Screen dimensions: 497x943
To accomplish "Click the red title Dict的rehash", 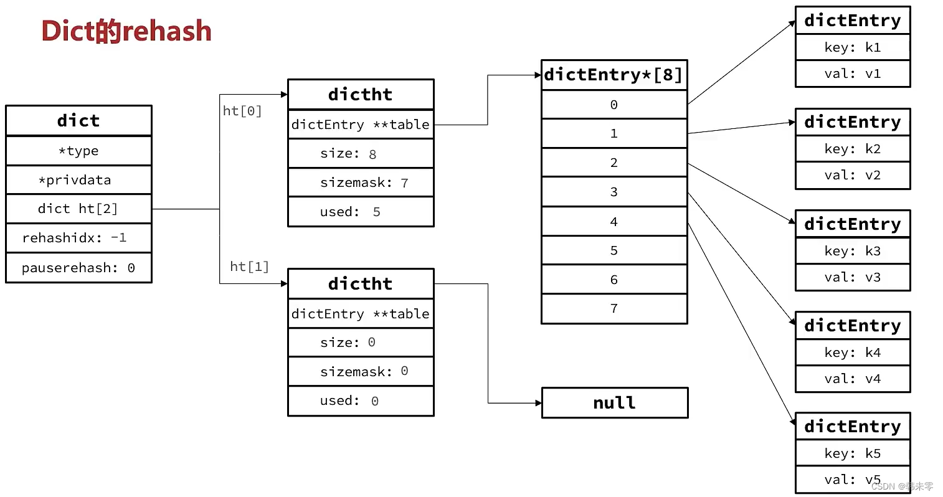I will pyautogui.click(x=126, y=31).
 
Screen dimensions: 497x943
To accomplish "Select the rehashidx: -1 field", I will pyautogui.click(x=78, y=238).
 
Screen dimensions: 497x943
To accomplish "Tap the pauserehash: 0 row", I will pyautogui.click(x=78, y=268).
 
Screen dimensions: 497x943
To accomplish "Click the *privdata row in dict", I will pyautogui.click(x=78, y=180).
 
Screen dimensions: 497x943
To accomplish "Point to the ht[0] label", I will pyautogui.click(x=242, y=111).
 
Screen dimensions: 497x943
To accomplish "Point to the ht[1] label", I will pyautogui.click(x=249, y=267).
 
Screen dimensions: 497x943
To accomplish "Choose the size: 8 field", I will pyautogui.click(x=360, y=154).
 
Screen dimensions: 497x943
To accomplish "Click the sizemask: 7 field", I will pyautogui.click(x=360, y=182).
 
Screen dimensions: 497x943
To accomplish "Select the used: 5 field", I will pyautogui.click(x=360, y=212).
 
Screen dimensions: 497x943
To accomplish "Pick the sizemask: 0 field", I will pyautogui.click(x=360, y=371).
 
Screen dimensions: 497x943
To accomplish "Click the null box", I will pyautogui.click(x=614, y=403).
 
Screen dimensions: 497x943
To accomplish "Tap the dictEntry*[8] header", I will pyautogui.click(x=614, y=75).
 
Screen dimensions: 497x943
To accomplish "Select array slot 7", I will pyautogui.click(x=614, y=308).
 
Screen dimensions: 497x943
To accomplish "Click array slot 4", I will pyautogui.click(x=614, y=222).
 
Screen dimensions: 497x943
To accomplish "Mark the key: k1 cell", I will pyautogui.click(x=852, y=47).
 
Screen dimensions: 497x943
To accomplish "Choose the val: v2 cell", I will pyautogui.click(x=852, y=176).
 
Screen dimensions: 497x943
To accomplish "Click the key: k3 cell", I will pyautogui.click(x=852, y=251).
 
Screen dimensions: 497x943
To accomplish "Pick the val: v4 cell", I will pyautogui.click(x=852, y=379).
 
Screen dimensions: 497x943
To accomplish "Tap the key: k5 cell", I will pyautogui.click(x=852, y=453).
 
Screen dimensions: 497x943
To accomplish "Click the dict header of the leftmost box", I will pyautogui.click(x=78, y=120).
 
